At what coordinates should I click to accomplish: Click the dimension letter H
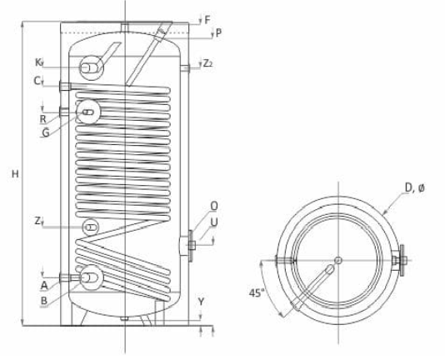[x=15, y=174]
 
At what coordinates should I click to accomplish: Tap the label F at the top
[x=207, y=20]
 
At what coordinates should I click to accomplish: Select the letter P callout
[x=218, y=33]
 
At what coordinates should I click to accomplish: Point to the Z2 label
[x=207, y=63]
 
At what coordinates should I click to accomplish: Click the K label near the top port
[x=38, y=62]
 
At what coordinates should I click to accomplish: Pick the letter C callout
[x=37, y=81]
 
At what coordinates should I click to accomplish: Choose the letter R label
[x=42, y=119]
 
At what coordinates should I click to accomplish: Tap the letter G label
[x=45, y=132]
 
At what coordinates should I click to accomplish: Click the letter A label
[x=44, y=285]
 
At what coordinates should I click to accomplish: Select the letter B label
[x=44, y=301]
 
